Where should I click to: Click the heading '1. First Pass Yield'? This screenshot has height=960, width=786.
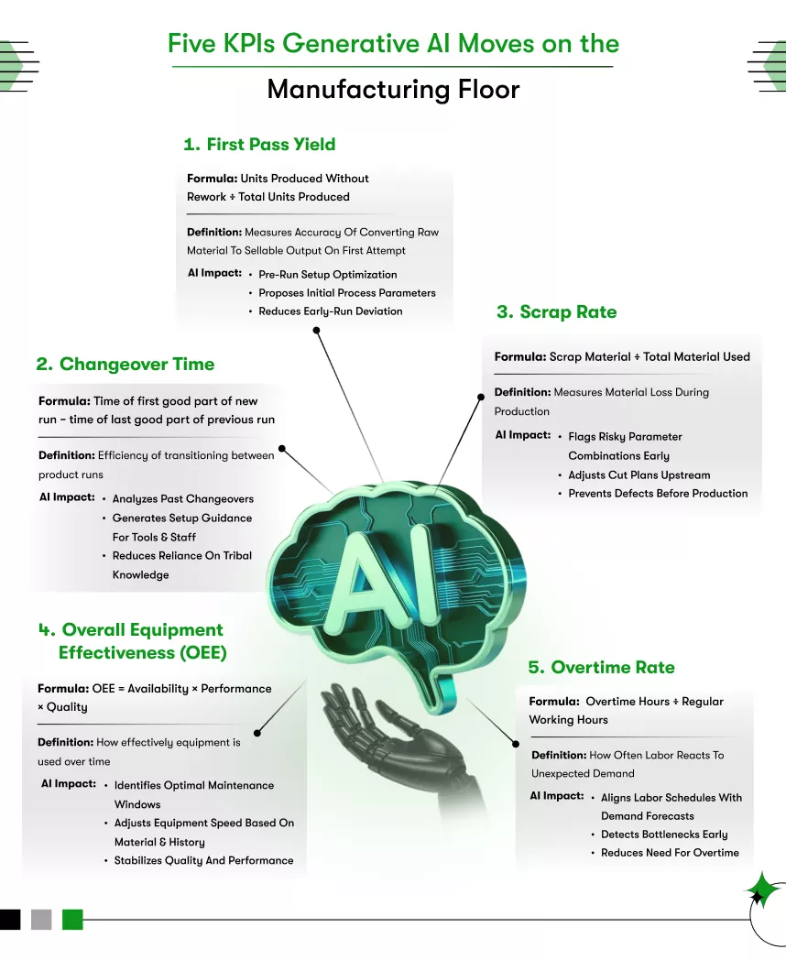pyautogui.click(x=259, y=145)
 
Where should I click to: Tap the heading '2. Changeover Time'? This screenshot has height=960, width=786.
pyautogui.click(x=126, y=365)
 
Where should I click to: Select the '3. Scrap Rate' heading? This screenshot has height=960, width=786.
pyautogui.click(x=556, y=312)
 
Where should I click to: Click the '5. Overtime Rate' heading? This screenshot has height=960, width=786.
pyautogui.click(x=601, y=667)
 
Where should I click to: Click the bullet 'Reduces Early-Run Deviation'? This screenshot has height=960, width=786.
pyautogui.click(x=330, y=311)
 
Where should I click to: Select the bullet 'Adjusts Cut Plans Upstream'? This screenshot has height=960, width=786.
pyautogui.click(x=639, y=475)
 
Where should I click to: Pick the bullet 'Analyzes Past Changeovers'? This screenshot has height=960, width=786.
pyautogui.click(x=182, y=499)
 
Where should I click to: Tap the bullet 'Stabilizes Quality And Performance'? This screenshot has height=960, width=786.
pyautogui.click(x=203, y=861)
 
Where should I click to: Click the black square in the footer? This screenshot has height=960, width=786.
pyautogui.click(x=10, y=919)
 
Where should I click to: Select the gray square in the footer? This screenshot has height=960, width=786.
pyautogui.click(x=41, y=919)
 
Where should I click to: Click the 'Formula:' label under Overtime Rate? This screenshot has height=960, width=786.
pyautogui.click(x=553, y=702)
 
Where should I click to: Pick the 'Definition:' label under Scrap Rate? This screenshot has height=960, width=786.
pyautogui.click(x=522, y=393)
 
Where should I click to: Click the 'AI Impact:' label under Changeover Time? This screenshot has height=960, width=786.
pyautogui.click(x=67, y=497)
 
